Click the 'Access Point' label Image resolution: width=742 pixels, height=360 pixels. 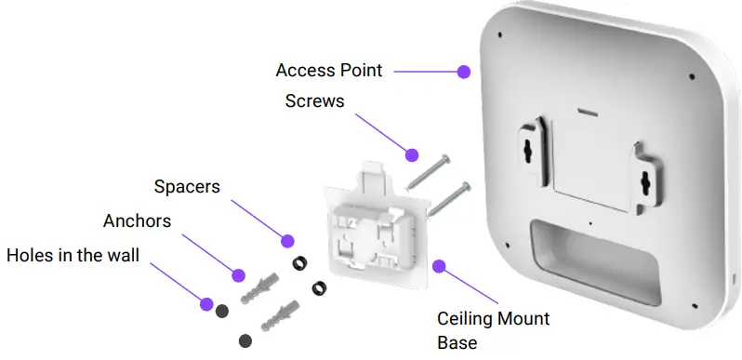[329, 71]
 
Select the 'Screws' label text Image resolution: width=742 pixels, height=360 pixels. [314, 100]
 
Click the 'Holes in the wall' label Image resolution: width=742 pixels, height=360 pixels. [73, 255]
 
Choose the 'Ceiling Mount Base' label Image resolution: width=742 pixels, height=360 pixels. [493, 330]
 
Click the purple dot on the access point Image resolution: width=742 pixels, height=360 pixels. [463, 71]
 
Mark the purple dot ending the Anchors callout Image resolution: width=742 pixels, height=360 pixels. [238, 275]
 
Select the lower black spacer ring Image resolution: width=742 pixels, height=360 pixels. [319, 287]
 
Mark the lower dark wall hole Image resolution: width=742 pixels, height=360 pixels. [245, 340]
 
